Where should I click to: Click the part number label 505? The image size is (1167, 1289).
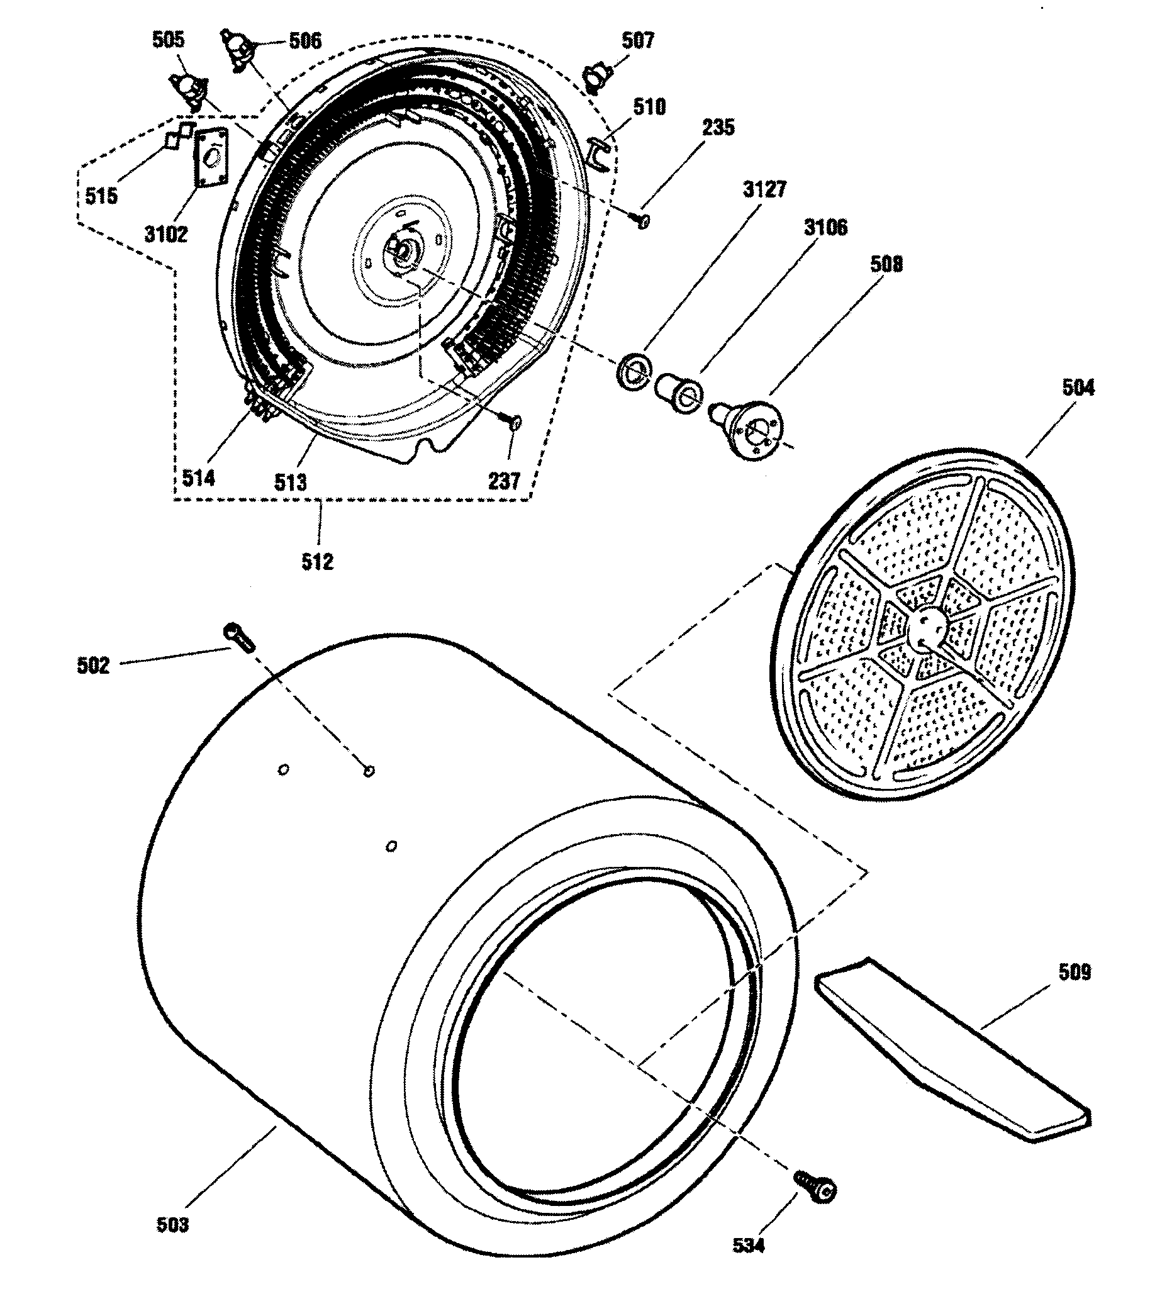pos(168,40)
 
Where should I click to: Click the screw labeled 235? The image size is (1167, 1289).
pos(644,221)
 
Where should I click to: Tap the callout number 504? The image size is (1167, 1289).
pos(1078,388)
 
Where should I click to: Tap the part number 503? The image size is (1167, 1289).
pos(172,1224)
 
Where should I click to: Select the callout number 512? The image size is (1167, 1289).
pos(318,562)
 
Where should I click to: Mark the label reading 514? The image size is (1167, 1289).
pos(198,477)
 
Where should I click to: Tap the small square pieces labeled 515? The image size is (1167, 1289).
pos(179,135)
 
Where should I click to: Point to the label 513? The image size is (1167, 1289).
pos(290,482)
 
